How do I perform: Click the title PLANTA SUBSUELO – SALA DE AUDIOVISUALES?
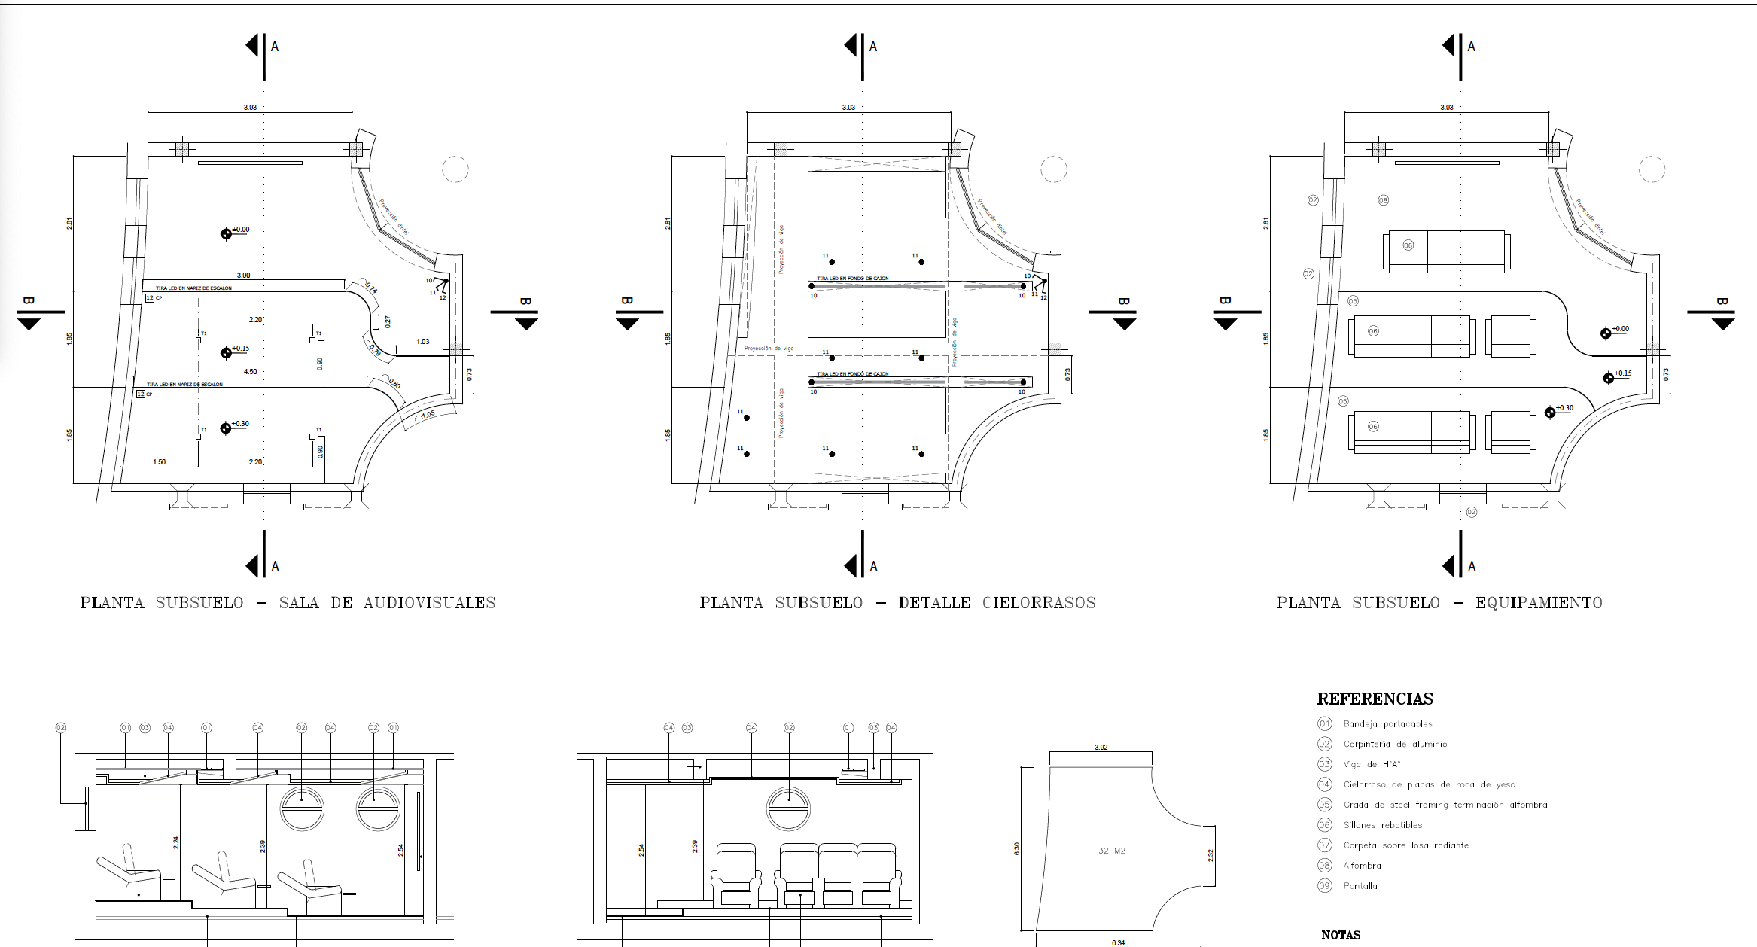click(288, 603)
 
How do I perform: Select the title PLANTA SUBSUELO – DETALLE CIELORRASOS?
click(897, 603)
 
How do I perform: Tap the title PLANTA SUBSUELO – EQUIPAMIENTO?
click(1439, 603)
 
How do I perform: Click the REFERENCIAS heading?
click(1375, 699)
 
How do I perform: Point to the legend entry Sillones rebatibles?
click(1383, 825)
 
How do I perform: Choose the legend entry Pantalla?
click(1360, 886)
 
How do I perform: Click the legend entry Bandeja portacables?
click(1387, 724)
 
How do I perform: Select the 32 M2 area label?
click(1112, 851)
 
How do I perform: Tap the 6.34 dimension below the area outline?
click(1118, 942)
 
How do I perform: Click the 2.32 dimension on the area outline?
click(1210, 855)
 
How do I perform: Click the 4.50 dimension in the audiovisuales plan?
click(250, 372)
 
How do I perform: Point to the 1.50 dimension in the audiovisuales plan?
click(159, 462)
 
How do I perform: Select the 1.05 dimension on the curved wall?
click(428, 415)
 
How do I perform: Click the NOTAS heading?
click(1341, 935)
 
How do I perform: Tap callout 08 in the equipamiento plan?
click(1383, 200)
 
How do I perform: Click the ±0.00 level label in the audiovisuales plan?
click(240, 230)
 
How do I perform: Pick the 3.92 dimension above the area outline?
click(1101, 748)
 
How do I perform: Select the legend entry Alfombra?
click(1362, 866)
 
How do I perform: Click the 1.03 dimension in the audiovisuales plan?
click(423, 342)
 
